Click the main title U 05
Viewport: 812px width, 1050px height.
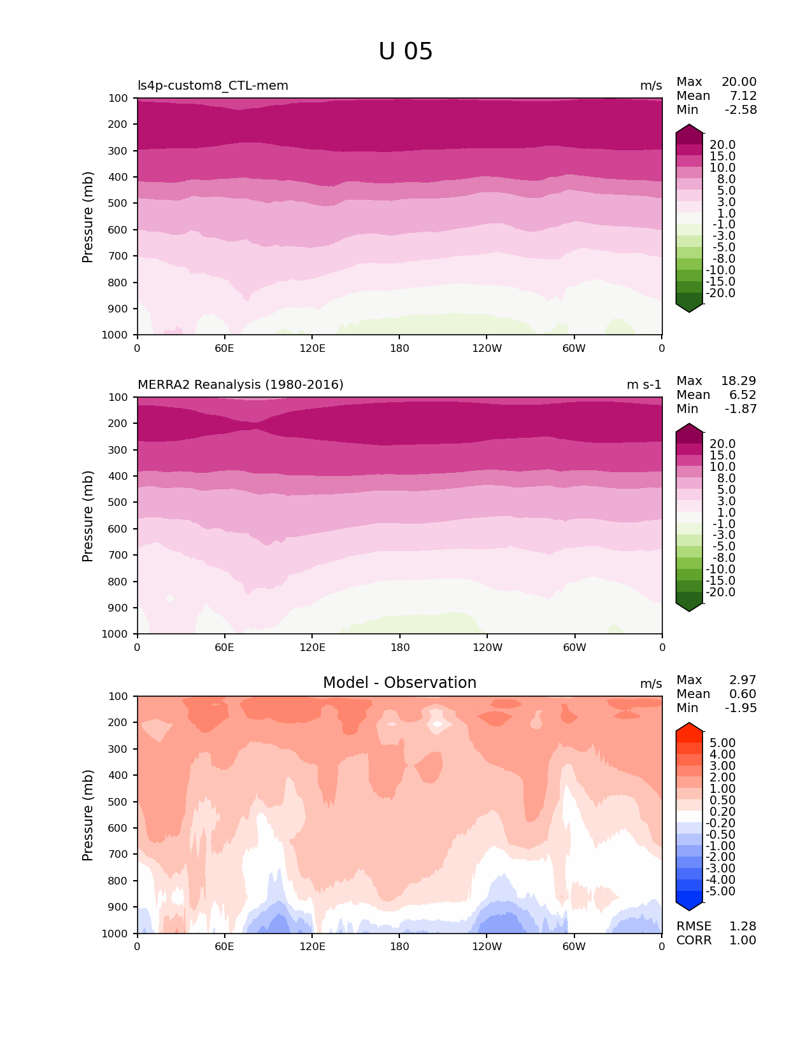[405, 52]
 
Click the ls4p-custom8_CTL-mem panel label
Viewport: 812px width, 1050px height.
[213, 86]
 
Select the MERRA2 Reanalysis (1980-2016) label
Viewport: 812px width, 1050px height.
[240, 385]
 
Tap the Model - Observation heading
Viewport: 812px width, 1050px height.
[399, 683]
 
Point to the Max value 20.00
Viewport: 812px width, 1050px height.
[739, 82]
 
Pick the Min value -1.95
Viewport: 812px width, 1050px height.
[741, 708]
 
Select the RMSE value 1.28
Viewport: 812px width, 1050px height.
[743, 927]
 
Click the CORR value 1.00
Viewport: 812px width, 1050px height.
[743, 941]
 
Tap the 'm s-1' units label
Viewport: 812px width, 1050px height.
[644, 385]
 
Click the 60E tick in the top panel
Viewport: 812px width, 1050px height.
[224, 349]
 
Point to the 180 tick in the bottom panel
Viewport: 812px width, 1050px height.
[399, 947]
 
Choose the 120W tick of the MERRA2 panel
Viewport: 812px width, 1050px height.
[487, 648]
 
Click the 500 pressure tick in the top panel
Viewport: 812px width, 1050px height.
[118, 204]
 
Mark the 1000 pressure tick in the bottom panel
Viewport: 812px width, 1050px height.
[115, 934]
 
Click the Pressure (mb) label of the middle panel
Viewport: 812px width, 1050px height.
[88, 516]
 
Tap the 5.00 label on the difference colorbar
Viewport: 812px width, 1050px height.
[722, 743]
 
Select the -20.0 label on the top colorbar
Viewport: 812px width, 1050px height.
[720, 293]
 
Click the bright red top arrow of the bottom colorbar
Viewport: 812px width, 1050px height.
[689, 729]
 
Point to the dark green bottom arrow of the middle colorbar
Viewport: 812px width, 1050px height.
[689, 606]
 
